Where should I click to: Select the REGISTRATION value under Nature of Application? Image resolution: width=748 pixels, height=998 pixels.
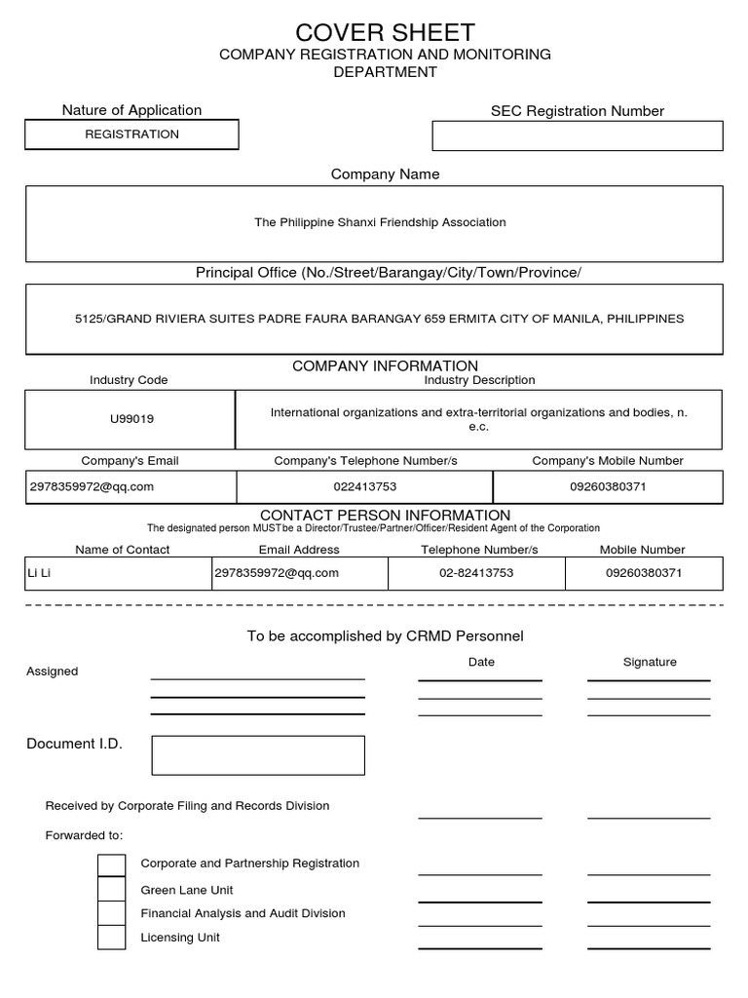[131, 134]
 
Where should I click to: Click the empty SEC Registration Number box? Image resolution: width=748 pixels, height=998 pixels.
[577, 135]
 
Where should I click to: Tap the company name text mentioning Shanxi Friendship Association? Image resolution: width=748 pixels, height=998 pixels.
[380, 222]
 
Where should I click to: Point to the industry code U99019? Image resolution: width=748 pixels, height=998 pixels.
[131, 419]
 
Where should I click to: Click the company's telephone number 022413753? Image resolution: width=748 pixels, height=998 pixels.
[365, 486]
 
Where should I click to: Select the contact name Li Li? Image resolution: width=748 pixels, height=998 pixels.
[39, 573]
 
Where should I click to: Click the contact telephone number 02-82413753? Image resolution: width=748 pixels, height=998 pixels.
[476, 573]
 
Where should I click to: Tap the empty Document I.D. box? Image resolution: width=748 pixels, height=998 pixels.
[258, 755]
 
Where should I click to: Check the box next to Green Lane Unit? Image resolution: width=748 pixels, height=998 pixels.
[112, 889]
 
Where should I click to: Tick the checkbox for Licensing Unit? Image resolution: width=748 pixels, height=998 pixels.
[112, 937]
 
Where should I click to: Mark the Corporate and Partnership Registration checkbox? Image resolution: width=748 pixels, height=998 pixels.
[112, 864]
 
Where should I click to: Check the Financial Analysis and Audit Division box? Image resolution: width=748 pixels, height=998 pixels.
[112, 913]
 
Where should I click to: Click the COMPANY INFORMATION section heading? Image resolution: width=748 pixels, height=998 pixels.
[385, 365]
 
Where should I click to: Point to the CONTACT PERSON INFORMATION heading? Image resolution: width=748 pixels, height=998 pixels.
[385, 515]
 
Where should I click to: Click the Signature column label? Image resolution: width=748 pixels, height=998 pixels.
[650, 662]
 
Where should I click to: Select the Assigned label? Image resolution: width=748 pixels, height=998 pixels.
[53, 672]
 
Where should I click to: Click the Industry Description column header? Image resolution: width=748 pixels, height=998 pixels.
[479, 380]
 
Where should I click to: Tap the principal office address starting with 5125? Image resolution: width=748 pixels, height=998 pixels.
[380, 319]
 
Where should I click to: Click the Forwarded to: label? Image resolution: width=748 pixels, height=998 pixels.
[85, 835]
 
